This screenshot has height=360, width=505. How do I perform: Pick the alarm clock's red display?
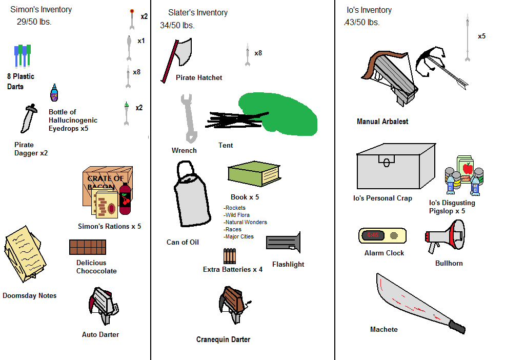373,235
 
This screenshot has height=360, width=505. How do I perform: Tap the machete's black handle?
456,326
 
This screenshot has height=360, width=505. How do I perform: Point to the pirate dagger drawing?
29,118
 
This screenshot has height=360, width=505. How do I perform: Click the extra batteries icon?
229,256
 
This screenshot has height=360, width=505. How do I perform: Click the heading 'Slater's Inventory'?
198,12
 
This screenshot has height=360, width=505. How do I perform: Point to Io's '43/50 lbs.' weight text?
362,23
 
